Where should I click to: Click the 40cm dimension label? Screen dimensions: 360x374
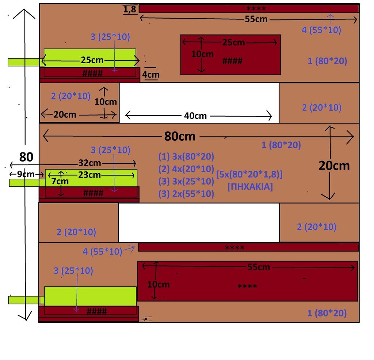point(195,116)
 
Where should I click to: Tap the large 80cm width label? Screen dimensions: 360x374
point(180,137)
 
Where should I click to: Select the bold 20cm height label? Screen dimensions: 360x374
point(334,166)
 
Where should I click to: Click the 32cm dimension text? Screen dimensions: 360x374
point(90,163)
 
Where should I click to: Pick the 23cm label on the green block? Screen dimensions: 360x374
point(89,175)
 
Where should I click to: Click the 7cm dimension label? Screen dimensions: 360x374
point(60,181)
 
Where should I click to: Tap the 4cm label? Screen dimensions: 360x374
point(150,75)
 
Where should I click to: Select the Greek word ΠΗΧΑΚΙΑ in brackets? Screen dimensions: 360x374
point(250,186)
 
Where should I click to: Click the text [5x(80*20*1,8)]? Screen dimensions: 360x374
point(249,175)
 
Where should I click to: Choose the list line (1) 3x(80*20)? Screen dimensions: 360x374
point(186,157)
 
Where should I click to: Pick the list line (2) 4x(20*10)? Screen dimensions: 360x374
point(186,169)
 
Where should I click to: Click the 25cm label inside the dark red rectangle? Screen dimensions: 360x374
point(234,42)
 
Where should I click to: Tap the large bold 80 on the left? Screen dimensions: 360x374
point(26,157)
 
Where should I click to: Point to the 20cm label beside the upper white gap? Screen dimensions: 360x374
point(65,114)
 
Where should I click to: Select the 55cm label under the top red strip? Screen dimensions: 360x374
point(256,19)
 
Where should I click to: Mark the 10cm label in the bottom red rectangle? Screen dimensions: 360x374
point(158,284)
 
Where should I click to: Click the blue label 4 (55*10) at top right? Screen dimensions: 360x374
point(321,30)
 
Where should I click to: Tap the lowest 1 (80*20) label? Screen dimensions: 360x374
point(327,313)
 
